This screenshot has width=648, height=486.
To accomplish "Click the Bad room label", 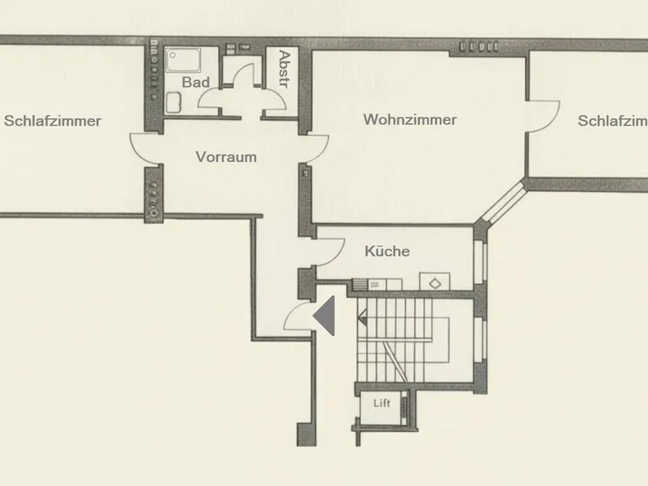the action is [195, 83].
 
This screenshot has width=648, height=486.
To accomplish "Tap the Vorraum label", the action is [226, 157].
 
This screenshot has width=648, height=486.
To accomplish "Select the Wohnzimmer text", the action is [410, 120].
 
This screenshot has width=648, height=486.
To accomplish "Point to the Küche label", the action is [387, 251].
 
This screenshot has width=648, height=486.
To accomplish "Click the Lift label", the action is [382, 403].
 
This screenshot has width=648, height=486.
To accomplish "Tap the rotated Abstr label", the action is [284, 69].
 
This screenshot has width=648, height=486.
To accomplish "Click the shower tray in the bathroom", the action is [183, 60].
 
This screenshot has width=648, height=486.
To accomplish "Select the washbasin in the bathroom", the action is [173, 103].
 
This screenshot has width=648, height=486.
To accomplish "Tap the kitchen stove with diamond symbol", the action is [435, 281].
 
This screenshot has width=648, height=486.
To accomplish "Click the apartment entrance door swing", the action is [297, 316].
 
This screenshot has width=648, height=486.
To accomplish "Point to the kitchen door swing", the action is [330, 252].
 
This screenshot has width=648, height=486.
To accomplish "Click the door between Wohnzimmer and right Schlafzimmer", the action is [543, 117].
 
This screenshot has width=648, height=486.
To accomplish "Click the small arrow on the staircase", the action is [362, 318].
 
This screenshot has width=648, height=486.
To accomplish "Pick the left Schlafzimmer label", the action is [53, 121].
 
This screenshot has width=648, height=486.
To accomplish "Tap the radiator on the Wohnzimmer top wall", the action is [480, 47].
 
